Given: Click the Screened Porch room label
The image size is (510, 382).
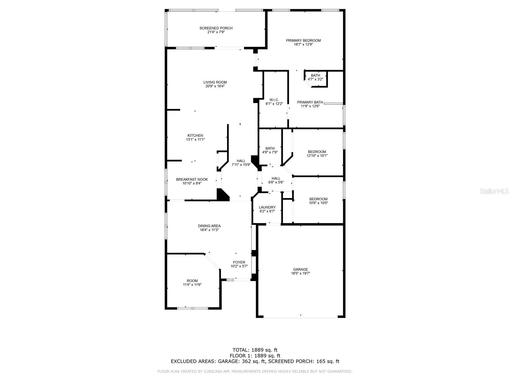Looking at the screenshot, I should coord(216,28).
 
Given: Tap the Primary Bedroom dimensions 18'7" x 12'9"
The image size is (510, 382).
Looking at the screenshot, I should coord(303,45).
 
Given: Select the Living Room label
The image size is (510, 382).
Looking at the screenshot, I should coord(215,82).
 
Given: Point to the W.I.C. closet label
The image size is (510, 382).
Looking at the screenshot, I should coord(274,100).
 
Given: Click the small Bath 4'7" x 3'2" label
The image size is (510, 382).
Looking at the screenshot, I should coord(315,75).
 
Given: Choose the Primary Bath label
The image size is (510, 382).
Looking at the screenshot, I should coord(310,102).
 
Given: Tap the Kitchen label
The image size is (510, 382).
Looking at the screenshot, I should coord(195,136).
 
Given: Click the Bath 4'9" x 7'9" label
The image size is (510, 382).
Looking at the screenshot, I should coord(270,148).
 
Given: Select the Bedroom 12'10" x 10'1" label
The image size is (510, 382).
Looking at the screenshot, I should coord(317,152).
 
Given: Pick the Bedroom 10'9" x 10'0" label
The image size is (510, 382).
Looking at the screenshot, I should coord(318,199).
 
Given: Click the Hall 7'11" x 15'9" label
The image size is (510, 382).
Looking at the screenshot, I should coord(241,161).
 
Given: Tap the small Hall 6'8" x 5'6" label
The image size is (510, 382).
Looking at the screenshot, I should coord(276,179).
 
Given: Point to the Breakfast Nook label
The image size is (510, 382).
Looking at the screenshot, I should coord(192,180).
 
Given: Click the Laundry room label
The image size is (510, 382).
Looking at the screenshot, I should coord(267,207).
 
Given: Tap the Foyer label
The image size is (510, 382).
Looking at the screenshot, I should coord(239,263).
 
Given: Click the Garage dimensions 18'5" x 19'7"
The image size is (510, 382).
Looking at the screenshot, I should coord(300,273).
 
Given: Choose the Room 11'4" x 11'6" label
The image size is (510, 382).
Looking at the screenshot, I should coord(192,281).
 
